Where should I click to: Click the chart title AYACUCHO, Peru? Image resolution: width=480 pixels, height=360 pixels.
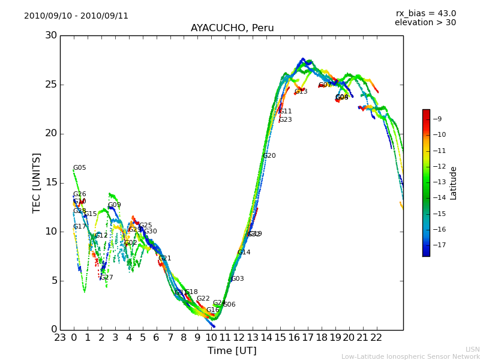pyautogui.click(x=232, y=28)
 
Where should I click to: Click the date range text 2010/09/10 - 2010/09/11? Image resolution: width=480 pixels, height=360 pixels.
pyautogui.click(x=76, y=16)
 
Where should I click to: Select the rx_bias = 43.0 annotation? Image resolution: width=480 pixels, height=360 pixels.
pyautogui.click(x=426, y=13)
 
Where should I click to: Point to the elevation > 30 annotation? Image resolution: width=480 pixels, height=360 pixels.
pyautogui.click(x=425, y=23)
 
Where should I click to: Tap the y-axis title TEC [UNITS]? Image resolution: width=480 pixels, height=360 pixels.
pyautogui.click(x=37, y=182)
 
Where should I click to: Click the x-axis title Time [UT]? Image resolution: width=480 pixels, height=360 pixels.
pyautogui.click(x=232, y=351)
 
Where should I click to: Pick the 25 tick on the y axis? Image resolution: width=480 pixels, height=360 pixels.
pyautogui.click(x=51, y=85)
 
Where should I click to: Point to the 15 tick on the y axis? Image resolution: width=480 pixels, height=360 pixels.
pyautogui.click(x=51, y=182)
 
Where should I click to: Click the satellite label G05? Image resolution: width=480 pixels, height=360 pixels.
pyautogui.click(x=80, y=168)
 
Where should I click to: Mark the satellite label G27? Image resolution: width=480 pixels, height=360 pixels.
pyautogui.click(x=107, y=278)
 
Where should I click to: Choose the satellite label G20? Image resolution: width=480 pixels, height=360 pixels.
pyautogui.click(x=269, y=156)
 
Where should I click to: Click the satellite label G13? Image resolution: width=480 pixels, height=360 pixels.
pyautogui.click(x=301, y=92)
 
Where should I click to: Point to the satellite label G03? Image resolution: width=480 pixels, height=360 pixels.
pyautogui.click(x=238, y=279)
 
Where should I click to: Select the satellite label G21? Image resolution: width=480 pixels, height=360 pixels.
pyautogui.click(x=165, y=259)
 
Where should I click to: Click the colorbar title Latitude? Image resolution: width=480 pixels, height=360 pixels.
pyautogui.click(x=454, y=182)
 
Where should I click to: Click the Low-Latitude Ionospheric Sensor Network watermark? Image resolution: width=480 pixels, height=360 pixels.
pyautogui.click(x=410, y=357)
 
